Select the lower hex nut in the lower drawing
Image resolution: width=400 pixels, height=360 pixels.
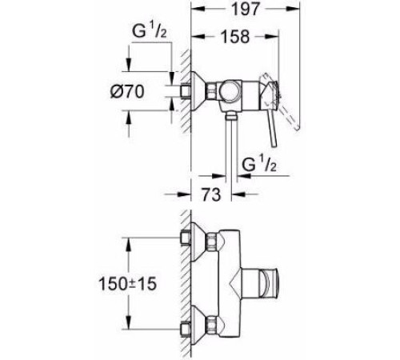211,326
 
